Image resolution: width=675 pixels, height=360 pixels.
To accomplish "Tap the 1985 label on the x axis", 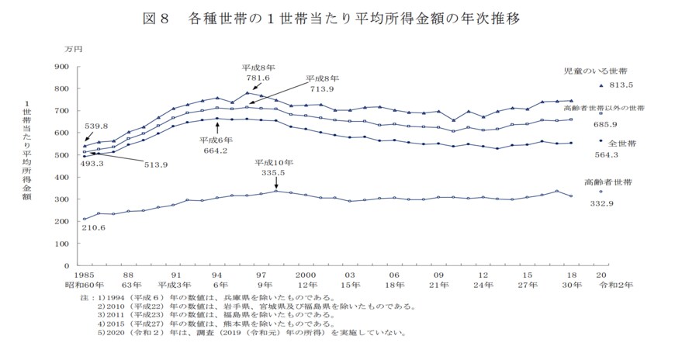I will tap(83, 275).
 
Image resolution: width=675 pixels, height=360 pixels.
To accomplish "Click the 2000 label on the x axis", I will tap(305, 275).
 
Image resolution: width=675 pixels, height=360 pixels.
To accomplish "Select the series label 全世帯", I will tap(622, 144).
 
